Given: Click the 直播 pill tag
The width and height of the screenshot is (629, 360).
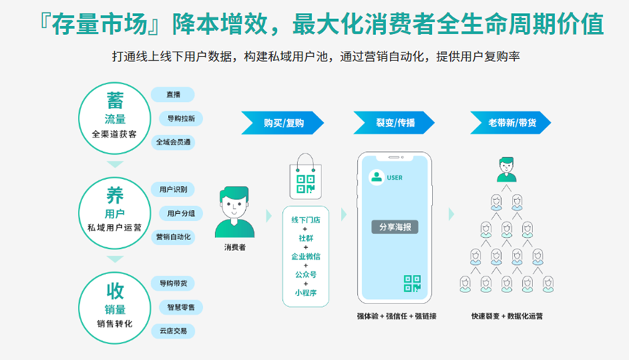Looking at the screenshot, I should pos(173,95).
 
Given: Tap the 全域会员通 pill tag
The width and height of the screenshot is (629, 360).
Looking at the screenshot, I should pos(173,143).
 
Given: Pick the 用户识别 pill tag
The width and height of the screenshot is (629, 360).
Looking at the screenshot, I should pos(173,190).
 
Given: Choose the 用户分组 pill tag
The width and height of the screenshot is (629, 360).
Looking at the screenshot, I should pos(181,213).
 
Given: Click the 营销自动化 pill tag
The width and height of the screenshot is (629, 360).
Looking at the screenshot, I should pos(173,237).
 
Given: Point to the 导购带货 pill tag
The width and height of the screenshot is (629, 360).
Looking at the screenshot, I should pos(173,283).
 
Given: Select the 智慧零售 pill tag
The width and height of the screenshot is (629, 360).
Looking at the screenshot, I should pos(181,307).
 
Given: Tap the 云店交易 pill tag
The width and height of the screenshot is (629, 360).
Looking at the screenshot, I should pos(173,331).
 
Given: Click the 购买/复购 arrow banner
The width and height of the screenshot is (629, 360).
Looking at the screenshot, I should pos(283,122).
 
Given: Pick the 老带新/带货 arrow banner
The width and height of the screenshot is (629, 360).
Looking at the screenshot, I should pos(508,122).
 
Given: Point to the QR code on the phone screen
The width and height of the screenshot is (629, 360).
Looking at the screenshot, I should pos(412,283).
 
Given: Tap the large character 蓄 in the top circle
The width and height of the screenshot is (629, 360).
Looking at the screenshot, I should pos(115,100).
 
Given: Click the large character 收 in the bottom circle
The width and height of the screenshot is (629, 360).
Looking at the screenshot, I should pos(115,292).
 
